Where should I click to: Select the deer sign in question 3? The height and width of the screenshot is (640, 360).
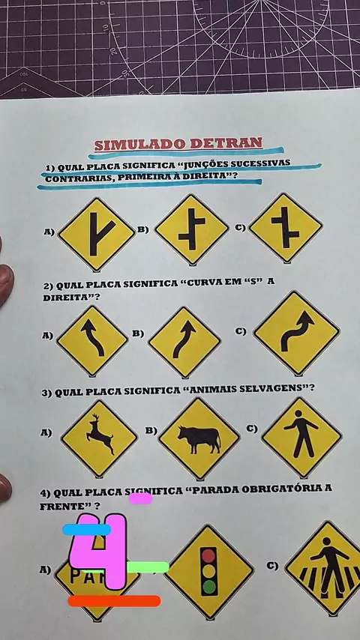pyautogui.click(x=99, y=438)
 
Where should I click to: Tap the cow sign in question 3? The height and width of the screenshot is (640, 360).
pyautogui.click(x=199, y=438)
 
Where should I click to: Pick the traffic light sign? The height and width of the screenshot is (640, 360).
pyautogui.click(x=208, y=571)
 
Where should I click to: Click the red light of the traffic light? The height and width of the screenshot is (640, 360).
pyautogui.click(x=208, y=556)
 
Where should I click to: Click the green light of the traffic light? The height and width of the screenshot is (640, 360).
pyautogui.click(x=208, y=587)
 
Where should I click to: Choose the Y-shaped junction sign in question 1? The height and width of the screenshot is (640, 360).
pyautogui.click(x=97, y=235)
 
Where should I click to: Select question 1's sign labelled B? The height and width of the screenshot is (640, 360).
pyautogui.click(x=192, y=229)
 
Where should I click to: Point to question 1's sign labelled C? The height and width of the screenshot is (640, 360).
pyautogui.click(x=286, y=227)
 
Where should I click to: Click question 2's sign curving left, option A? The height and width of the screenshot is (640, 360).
pyautogui.click(x=92, y=340)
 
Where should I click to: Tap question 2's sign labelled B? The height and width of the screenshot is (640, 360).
pyautogui.click(x=184, y=342)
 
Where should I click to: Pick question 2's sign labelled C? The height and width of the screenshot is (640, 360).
pyautogui.click(x=297, y=332)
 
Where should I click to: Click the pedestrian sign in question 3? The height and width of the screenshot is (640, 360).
pyautogui.click(x=302, y=437)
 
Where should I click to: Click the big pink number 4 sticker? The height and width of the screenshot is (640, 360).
pyautogui.click(x=98, y=551)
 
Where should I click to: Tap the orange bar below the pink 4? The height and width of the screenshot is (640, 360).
pyautogui.click(x=115, y=601)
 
